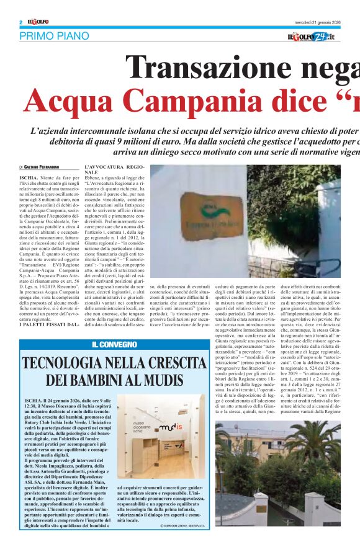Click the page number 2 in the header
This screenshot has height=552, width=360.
pyautogui.click(x=21, y=22)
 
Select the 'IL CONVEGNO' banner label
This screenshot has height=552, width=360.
pyautogui.click(x=114, y=345)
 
